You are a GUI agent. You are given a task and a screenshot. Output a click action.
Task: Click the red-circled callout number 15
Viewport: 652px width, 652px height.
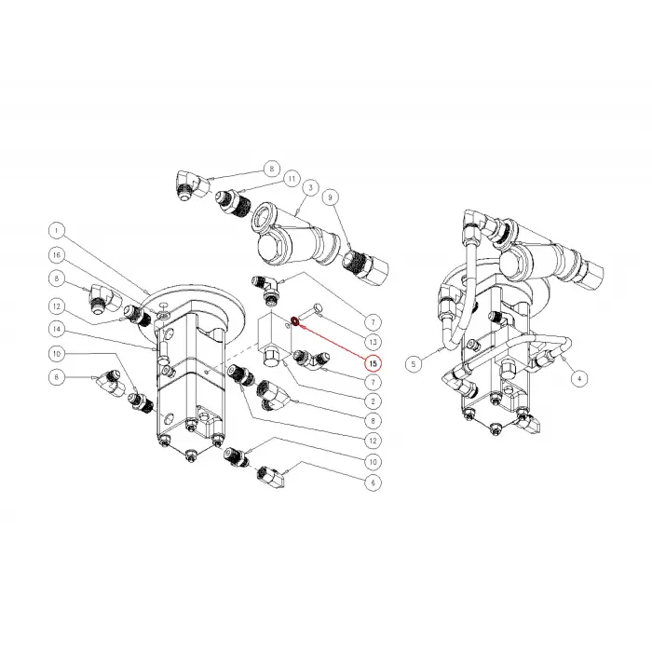(372, 362)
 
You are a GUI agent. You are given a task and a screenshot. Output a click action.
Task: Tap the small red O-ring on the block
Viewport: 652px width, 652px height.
(294, 321)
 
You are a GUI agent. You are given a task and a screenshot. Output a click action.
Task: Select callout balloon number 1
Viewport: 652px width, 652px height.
(56, 230)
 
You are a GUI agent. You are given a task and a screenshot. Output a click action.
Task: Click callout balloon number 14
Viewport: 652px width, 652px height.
(56, 329)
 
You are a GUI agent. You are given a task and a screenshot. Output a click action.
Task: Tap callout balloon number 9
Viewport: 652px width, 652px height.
(329, 197)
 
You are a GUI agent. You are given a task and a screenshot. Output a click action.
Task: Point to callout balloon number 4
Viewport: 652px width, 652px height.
(579, 378)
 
